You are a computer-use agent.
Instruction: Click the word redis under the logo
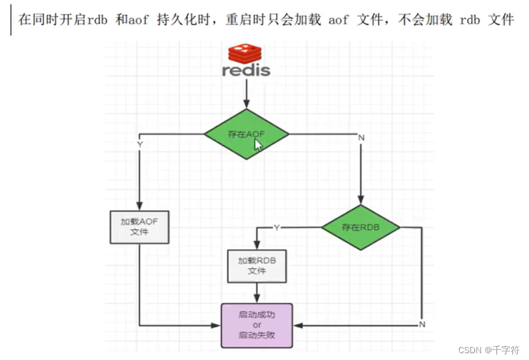click(x=246, y=70)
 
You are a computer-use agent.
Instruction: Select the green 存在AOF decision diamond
click(x=246, y=134)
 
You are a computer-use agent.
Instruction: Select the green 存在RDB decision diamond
click(x=361, y=227)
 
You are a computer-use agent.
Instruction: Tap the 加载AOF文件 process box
click(x=140, y=227)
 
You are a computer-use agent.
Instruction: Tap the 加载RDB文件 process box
click(x=257, y=265)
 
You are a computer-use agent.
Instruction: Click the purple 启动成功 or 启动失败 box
click(x=257, y=325)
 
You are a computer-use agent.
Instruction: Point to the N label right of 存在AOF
click(x=361, y=138)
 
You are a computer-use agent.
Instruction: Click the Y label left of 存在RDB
click(x=276, y=227)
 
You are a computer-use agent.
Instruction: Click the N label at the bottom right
click(x=422, y=324)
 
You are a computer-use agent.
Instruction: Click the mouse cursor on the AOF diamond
click(x=259, y=145)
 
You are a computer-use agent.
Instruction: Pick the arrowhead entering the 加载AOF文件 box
click(x=139, y=206)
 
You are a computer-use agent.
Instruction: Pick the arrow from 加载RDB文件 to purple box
click(x=257, y=293)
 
